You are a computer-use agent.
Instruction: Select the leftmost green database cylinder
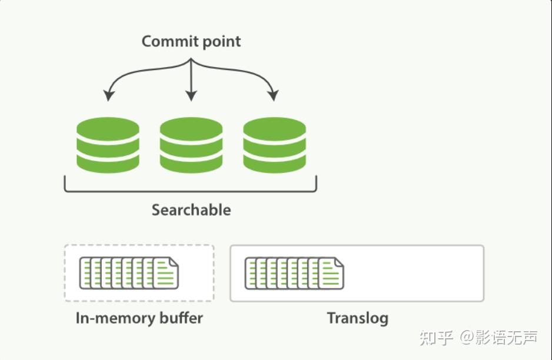tap(108, 145)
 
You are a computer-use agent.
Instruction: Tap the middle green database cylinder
tap(191, 145)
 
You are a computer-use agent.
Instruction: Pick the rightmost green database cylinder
tap(274, 145)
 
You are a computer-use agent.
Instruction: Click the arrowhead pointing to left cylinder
tap(108, 95)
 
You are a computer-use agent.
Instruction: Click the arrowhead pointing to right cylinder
tap(272, 95)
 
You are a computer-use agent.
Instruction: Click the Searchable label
tap(191, 210)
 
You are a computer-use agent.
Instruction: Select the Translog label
tap(357, 318)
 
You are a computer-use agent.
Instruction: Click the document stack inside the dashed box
tap(129, 273)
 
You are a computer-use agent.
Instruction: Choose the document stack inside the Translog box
tap(294, 273)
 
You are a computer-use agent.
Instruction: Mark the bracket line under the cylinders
tap(190, 191)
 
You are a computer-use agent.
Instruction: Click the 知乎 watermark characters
tap(436, 338)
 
